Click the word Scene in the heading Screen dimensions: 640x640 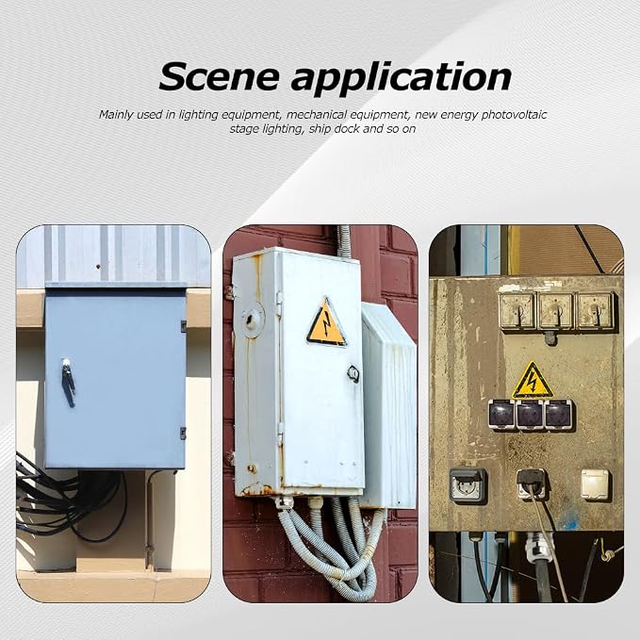220,76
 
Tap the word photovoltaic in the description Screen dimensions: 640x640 514,115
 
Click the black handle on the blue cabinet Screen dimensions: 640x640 68,382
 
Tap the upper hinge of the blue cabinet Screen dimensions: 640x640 183,326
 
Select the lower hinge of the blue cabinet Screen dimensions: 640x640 183,433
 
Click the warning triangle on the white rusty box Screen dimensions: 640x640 326,322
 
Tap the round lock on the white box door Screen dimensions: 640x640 353,373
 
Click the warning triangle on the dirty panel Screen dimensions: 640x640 533,381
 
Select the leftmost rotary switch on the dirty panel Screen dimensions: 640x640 517,311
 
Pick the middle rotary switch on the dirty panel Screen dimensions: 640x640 556,311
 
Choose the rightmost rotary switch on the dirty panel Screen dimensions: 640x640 595,311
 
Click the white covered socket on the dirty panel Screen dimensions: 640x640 595,484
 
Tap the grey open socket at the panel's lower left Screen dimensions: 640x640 468,485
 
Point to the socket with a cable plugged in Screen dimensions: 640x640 532,484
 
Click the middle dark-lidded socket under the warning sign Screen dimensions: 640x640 530,415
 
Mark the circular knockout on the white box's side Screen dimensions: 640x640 252,319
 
